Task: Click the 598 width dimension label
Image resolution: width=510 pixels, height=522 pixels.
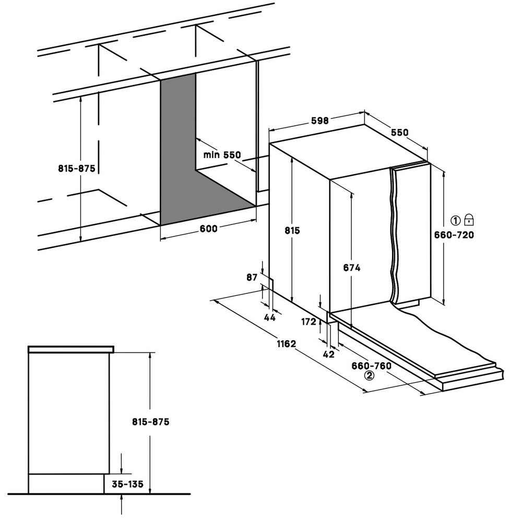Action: pyautogui.click(x=319, y=120)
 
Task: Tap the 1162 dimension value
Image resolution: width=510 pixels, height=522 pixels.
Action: pyautogui.click(x=286, y=343)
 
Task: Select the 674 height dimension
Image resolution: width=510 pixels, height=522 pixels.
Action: pyautogui.click(x=351, y=267)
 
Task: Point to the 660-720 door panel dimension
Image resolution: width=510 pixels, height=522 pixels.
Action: pyautogui.click(x=454, y=235)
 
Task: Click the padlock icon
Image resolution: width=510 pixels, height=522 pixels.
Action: pyautogui.click(x=469, y=219)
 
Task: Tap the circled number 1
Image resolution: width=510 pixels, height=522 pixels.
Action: pyautogui.click(x=455, y=220)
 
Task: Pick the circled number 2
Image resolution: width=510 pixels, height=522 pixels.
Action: pyautogui.click(x=370, y=375)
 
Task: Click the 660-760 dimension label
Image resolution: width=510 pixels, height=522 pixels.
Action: pyautogui.click(x=371, y=365)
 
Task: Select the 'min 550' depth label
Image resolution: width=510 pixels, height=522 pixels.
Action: pyautogui.click(x=222, y=155)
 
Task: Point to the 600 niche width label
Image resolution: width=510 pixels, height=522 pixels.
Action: pyautogui.click(x=208, y=229)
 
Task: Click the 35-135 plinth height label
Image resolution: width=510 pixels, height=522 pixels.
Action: pyautogui.click(x=127, y=484)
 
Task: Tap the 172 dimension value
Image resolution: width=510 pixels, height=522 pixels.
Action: pyautogui.click(x=309, y=322)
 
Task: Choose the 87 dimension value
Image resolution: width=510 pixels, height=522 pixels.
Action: pyautogui.click(x=252, y=277)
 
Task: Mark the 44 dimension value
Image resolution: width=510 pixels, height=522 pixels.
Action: pyautogui.click(x=270, y=317)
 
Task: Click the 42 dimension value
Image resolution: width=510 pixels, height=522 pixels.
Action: pyautogui.click(x=328, y=354)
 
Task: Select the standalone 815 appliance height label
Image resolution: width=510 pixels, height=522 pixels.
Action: pyautogui.click(x=292, y=230)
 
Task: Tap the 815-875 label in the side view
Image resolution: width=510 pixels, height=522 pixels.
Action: pyautogui.click(x=150, y=421)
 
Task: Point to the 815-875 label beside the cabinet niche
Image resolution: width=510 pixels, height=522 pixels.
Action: pyautogui.click(x=77, y=169)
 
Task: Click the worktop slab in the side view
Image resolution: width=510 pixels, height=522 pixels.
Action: pyautogui.click(x=71, y=349)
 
